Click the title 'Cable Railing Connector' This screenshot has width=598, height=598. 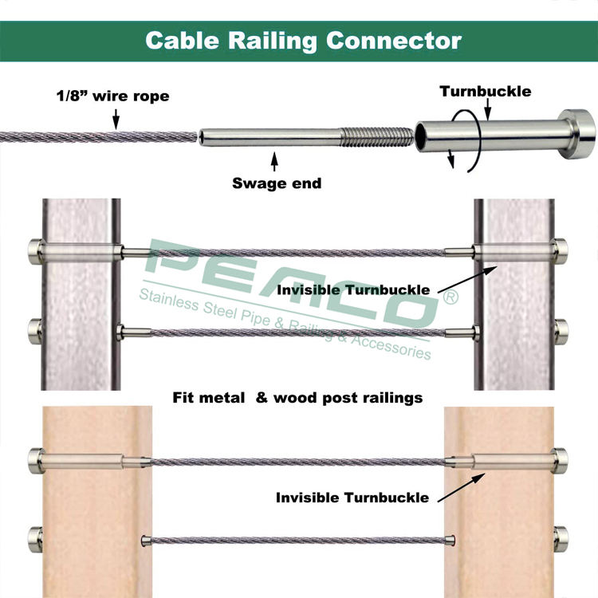click(303, 40)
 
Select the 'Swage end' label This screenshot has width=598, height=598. click(277, 183)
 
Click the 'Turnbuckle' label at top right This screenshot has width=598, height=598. click(485, 91)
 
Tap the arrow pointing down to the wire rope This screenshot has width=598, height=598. click(116, 120)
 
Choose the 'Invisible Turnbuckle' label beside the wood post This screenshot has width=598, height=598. click(352, 498)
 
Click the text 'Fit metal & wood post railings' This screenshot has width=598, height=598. click(298, 397)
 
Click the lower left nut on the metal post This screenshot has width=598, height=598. click(34, 328)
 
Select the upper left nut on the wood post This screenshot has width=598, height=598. click(36, 459)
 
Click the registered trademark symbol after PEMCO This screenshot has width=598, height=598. click(450, 298)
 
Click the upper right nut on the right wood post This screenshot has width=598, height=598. click(561, 459)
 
